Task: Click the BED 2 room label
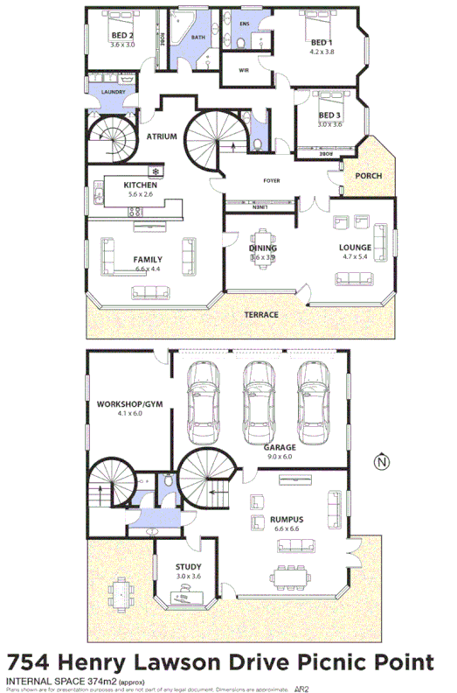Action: pyautogui.click(x=121, y=35)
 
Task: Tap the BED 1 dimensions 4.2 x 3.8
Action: pyautogui.click(x=322, y=52)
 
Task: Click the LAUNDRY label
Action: pyautogui.click(x=114, y=92)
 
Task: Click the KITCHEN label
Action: pyautogui.click(x=140, y=185)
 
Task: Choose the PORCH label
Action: pyautogui.click(x=368, y=176)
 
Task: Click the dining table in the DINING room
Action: pyautogui.click(x=262, y=248)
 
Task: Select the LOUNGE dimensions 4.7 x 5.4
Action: pyautogui.click(x=356, y=258)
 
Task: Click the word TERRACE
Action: pyautogui.click(x=260, y=315)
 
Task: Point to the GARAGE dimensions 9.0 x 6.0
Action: pyautogui.click(x=280, y=456)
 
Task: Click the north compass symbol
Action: pyautogui.click(x=380, y=462)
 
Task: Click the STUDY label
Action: pyautogui.click(x=188, y=567)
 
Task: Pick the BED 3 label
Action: pyautogui.click(x=330, y=115)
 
